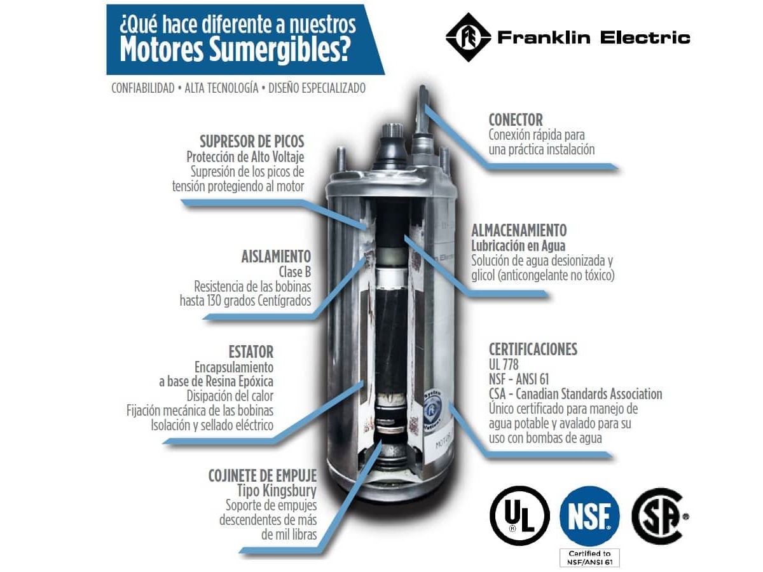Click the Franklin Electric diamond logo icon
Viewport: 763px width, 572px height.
click(x=468, y=37)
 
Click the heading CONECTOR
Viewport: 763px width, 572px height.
click(x=516, y=120)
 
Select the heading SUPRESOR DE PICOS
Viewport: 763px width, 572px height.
click(x=252, y=142)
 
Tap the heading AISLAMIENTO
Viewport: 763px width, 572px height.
click(x=276, y=257)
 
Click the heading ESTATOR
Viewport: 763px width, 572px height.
click(x=251, y=352)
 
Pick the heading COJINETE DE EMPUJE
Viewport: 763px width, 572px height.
click(x=263, y=476)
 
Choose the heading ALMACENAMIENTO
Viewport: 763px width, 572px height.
click(x=519, y=230)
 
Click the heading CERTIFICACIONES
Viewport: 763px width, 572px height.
click(x=533, y=350)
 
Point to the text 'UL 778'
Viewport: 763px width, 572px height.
click(x=504, y=364)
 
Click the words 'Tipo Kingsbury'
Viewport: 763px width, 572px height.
click(x=277, y=491)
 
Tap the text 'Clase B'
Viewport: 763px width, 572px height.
click(x=295, y=271)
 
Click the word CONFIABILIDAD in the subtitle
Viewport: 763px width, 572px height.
click(x=143, y=88)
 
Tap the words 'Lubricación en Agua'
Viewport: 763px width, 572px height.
click(x=518, y=245)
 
